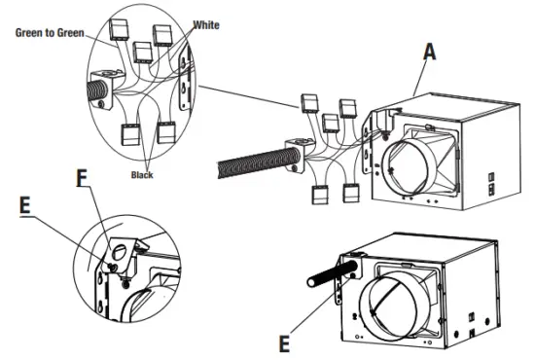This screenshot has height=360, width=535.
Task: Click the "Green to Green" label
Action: point(50,33)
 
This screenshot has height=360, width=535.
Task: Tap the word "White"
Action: point(206,25)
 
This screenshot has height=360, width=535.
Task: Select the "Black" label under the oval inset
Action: point(142,175)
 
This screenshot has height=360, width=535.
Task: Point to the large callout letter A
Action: point(430,53)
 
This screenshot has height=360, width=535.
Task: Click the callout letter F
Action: point(82,178)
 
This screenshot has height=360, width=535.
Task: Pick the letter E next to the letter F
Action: point(25,206)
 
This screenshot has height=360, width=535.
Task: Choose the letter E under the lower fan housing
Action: point(284,343)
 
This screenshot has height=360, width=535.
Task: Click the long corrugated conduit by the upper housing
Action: point(259,162)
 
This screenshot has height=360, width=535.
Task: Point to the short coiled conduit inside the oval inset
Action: point(98,90)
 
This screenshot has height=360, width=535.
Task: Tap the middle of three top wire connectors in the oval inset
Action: point(142,53)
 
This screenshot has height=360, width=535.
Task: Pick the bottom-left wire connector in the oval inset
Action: point(130,134)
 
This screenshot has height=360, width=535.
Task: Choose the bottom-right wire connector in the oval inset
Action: point(166,132)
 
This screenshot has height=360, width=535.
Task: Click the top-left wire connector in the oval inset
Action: point(118,29)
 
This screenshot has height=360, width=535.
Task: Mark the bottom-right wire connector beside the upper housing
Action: point(351,193)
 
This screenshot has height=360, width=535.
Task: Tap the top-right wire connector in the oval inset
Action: point(162,35)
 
